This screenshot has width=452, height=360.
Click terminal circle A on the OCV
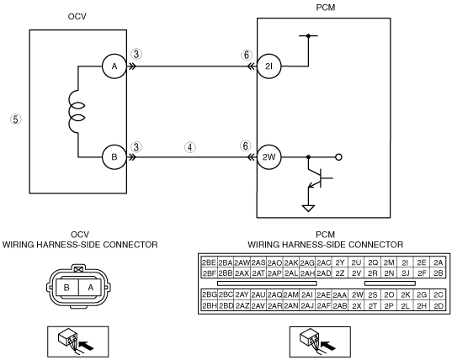(114, 66)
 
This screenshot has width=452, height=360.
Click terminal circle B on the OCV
(114, 157)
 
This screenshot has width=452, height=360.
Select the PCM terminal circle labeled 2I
(269, 66)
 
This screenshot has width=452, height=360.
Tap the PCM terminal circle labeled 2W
(269, 157)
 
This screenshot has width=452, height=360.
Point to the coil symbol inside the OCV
(76, 113)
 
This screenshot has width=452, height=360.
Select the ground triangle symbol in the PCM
(308, 209)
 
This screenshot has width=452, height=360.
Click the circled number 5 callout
(16, 119)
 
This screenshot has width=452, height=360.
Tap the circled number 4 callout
(189, 147)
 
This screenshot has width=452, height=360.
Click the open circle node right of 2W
(339, 157)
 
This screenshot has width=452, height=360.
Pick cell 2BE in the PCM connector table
(209, 262)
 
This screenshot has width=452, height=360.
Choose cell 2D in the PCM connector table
(439, 305)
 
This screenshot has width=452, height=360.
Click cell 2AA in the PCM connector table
(340, 295)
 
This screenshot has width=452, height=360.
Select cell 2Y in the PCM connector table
(340, 262)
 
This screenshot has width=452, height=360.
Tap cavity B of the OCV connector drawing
(66, 288)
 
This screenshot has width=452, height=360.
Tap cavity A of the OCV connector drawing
(90, 288)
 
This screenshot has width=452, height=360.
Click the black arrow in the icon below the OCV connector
(87, 346)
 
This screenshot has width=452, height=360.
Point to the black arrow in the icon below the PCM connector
(328, 346)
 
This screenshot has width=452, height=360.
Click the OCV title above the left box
(77, 17)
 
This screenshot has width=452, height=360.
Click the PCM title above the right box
(326, 8)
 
